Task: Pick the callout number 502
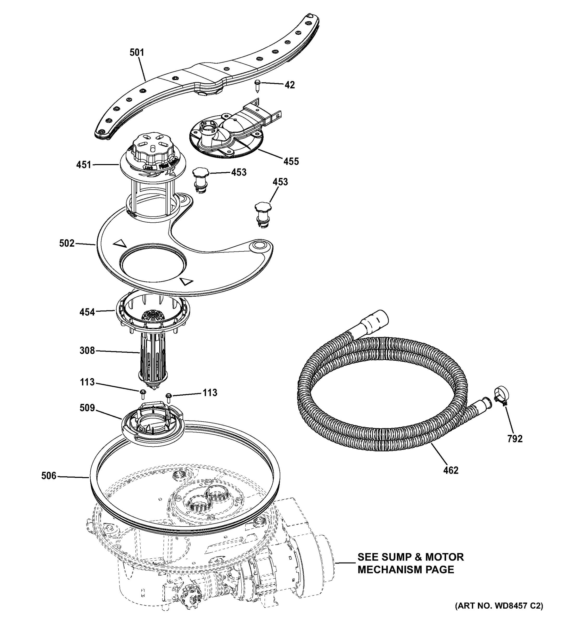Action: click(67, 243)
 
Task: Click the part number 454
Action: click(87, 312)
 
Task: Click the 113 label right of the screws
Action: click(210, 393)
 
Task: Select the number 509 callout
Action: click(87, 408)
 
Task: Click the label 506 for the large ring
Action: click(49, 476)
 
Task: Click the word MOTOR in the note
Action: click(444, 557)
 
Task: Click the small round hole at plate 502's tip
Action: click(260, 244)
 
